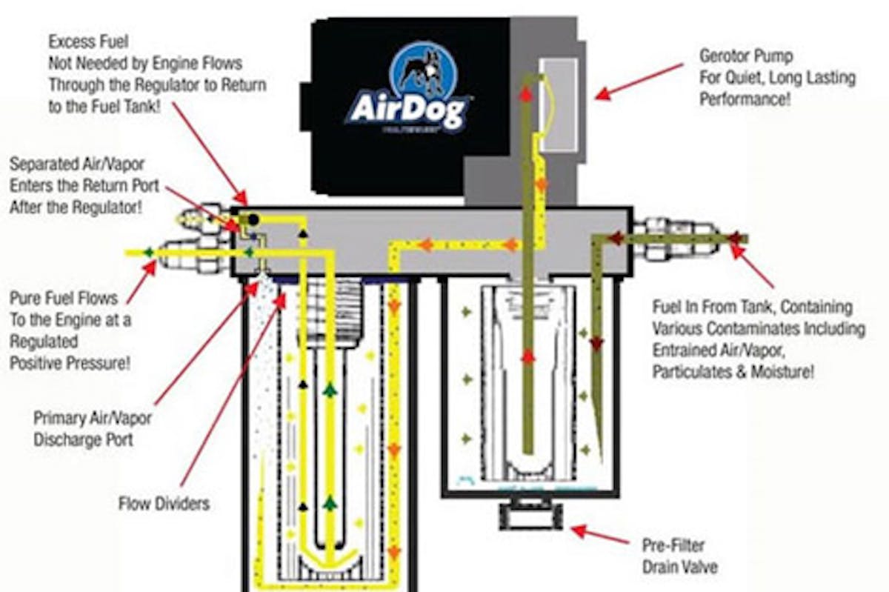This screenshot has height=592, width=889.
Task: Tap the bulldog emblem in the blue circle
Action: pyautogui.click(x=419, y=70)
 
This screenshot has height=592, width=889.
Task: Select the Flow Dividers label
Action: pyautogui.click(x=164, y=505)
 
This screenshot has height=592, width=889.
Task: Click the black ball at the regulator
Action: pyautogui.click(x=252, y=220)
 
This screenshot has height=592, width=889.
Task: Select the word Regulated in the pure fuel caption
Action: pyautogui.click(x=44, y=342)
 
